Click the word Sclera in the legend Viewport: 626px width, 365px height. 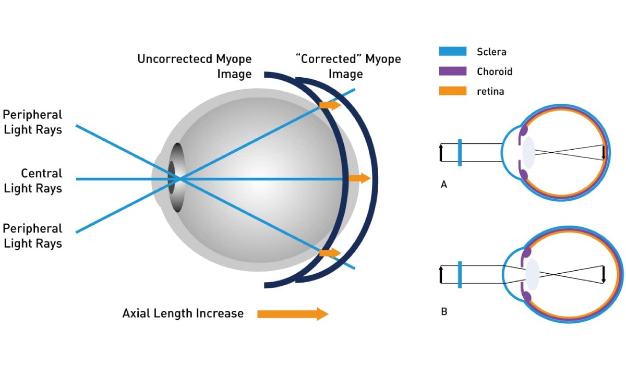click(491, 52)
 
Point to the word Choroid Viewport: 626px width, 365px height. click(495, 71)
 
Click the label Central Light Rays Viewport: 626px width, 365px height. click(33, 180)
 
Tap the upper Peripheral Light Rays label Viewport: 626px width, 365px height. click(33, 122)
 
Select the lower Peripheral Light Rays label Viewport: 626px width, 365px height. click(33, 236)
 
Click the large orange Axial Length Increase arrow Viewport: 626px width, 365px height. click(293, 313)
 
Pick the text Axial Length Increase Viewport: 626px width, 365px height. click(183, 313)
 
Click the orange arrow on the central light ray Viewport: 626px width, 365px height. click(359, 178)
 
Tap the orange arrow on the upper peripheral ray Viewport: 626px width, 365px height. click(330, 105)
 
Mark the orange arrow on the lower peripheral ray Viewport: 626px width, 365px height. click(330, 253)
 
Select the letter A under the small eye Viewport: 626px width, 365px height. click(444, 184)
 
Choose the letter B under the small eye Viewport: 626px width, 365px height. click(444, 312)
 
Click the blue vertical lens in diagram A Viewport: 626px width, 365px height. click(459, 152)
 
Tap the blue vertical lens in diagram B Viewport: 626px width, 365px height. click(459, 274)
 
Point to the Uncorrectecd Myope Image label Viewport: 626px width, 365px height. click(195, 66)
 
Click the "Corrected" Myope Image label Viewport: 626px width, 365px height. click(348, 66)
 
